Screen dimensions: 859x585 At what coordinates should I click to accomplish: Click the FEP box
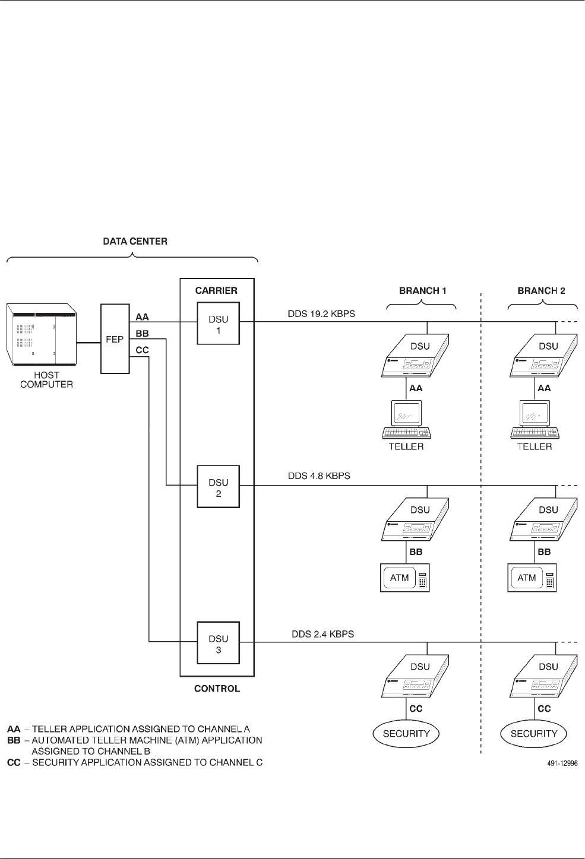tap(115, 339)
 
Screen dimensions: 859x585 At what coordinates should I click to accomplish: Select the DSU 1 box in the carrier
tap(218, 324)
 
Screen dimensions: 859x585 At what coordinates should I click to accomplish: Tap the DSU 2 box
tap(218, 487)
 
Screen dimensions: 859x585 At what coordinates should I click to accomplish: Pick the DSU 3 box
tap(218, 644)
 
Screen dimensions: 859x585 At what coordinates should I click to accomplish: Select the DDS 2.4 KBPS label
tap(322, 634)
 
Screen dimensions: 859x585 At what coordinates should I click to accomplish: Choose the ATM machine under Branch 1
tap(404, 578)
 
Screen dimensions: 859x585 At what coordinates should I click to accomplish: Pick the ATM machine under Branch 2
tap(532, 578)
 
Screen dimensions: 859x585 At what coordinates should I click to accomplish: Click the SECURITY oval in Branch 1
tap(406, 734)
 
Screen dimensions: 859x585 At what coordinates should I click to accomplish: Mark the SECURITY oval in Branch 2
tap(534, 734)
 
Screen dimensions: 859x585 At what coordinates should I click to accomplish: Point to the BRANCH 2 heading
tap(542, 291)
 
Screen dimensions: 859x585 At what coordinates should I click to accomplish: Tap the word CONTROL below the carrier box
tap(217, 689)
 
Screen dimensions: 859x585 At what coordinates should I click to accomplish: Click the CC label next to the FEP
tap(143, 350)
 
